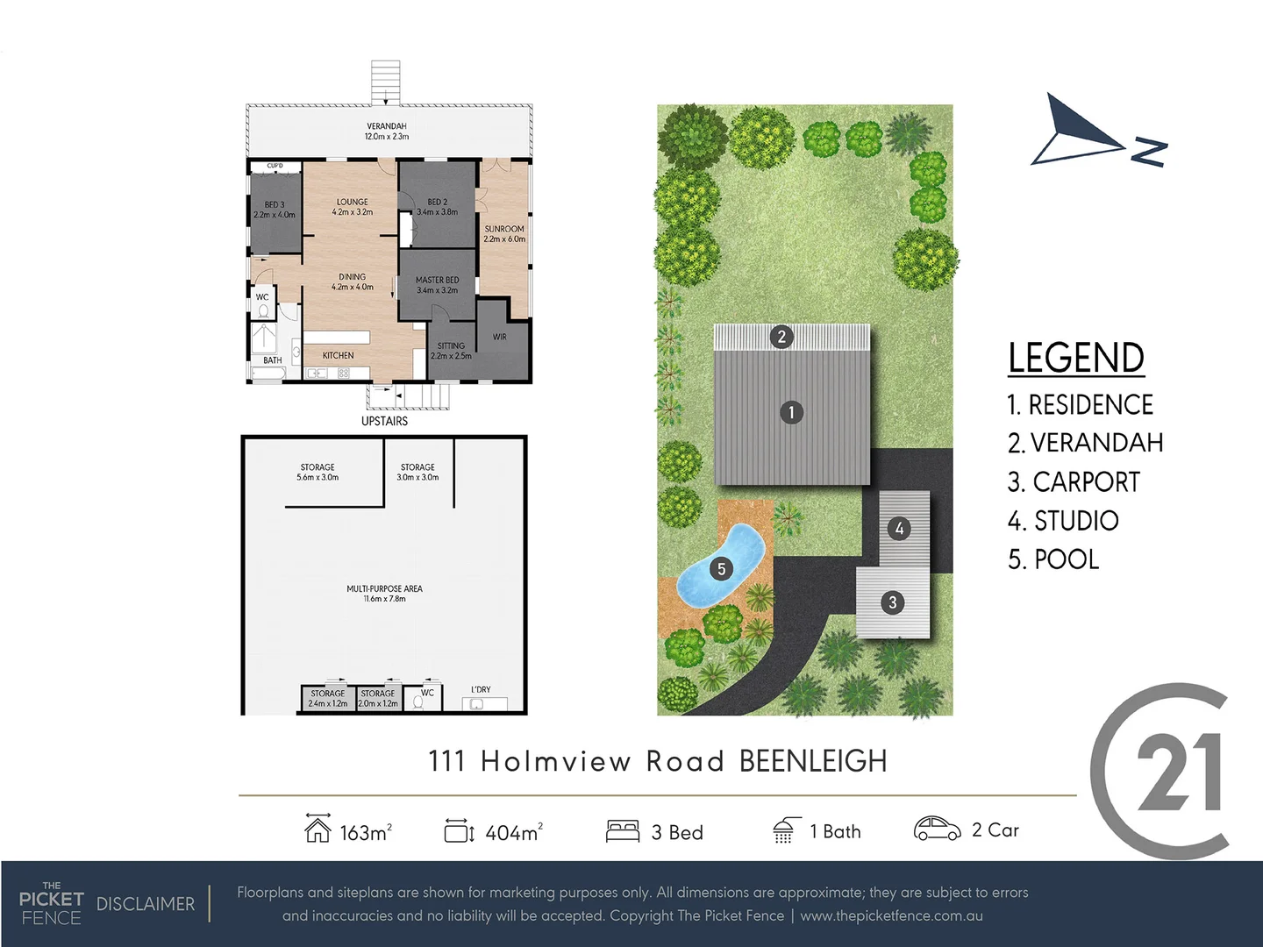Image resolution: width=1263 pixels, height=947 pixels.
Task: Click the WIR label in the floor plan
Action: point(499,337)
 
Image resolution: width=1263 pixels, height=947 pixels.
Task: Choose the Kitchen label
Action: point(338,355)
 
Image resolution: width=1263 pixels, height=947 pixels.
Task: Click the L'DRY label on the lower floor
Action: point(481,690)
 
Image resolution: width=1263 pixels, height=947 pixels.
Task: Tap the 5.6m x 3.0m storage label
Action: point(318,473)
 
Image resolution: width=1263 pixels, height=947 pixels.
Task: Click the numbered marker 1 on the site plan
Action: point(791,412)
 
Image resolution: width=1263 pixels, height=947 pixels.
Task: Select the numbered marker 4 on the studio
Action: point(899,529)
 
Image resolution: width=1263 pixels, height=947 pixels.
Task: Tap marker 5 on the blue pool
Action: point(721,569)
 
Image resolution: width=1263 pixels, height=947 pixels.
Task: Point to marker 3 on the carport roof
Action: point(893,602)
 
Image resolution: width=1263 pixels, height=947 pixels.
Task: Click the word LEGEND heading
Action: point(1075,358)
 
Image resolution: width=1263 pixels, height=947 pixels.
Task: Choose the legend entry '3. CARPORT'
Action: point(1074,482)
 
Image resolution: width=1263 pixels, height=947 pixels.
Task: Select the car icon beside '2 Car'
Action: point(937,829)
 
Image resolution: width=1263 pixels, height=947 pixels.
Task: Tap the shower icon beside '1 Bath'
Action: point(784,830)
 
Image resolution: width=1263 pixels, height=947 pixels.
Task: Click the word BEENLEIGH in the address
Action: point(813,761)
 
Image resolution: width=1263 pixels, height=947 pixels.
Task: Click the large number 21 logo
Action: point(1178,772)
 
